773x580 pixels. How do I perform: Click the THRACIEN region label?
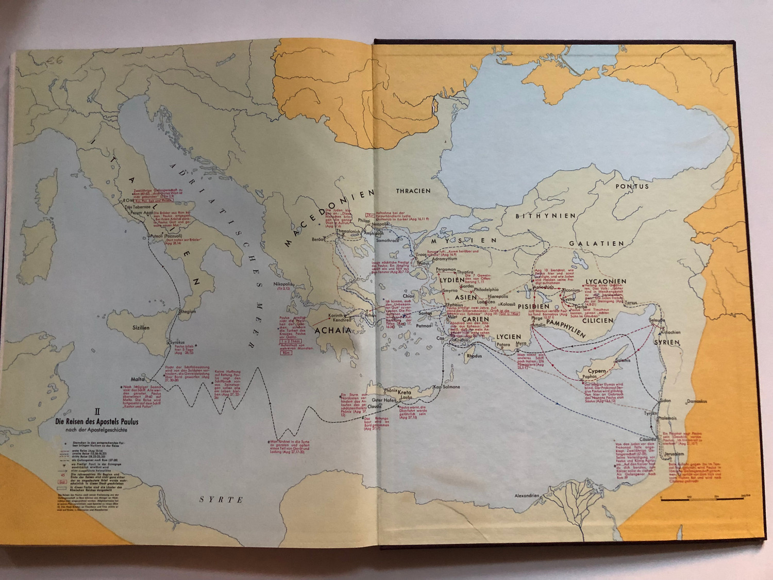(x=413, y=191)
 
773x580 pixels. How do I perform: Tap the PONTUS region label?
(x=632, y=186)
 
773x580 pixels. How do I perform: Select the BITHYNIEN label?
(x=545, y=216)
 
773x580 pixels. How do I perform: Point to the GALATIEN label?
(x=596, y=243)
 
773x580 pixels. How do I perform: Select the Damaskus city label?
(x=696, y=401)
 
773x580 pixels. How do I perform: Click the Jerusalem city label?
(x=674, y=454)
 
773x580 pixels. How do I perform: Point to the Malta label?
(x=138, y=379)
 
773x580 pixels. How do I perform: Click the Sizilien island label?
(x=141, y=327)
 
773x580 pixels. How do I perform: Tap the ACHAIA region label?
(x=332, y=330)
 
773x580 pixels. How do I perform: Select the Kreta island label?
(x=404, y=393)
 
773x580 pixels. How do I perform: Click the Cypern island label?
(x=597, y=371)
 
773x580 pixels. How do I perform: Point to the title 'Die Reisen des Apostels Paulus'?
(x=97, y=421)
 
